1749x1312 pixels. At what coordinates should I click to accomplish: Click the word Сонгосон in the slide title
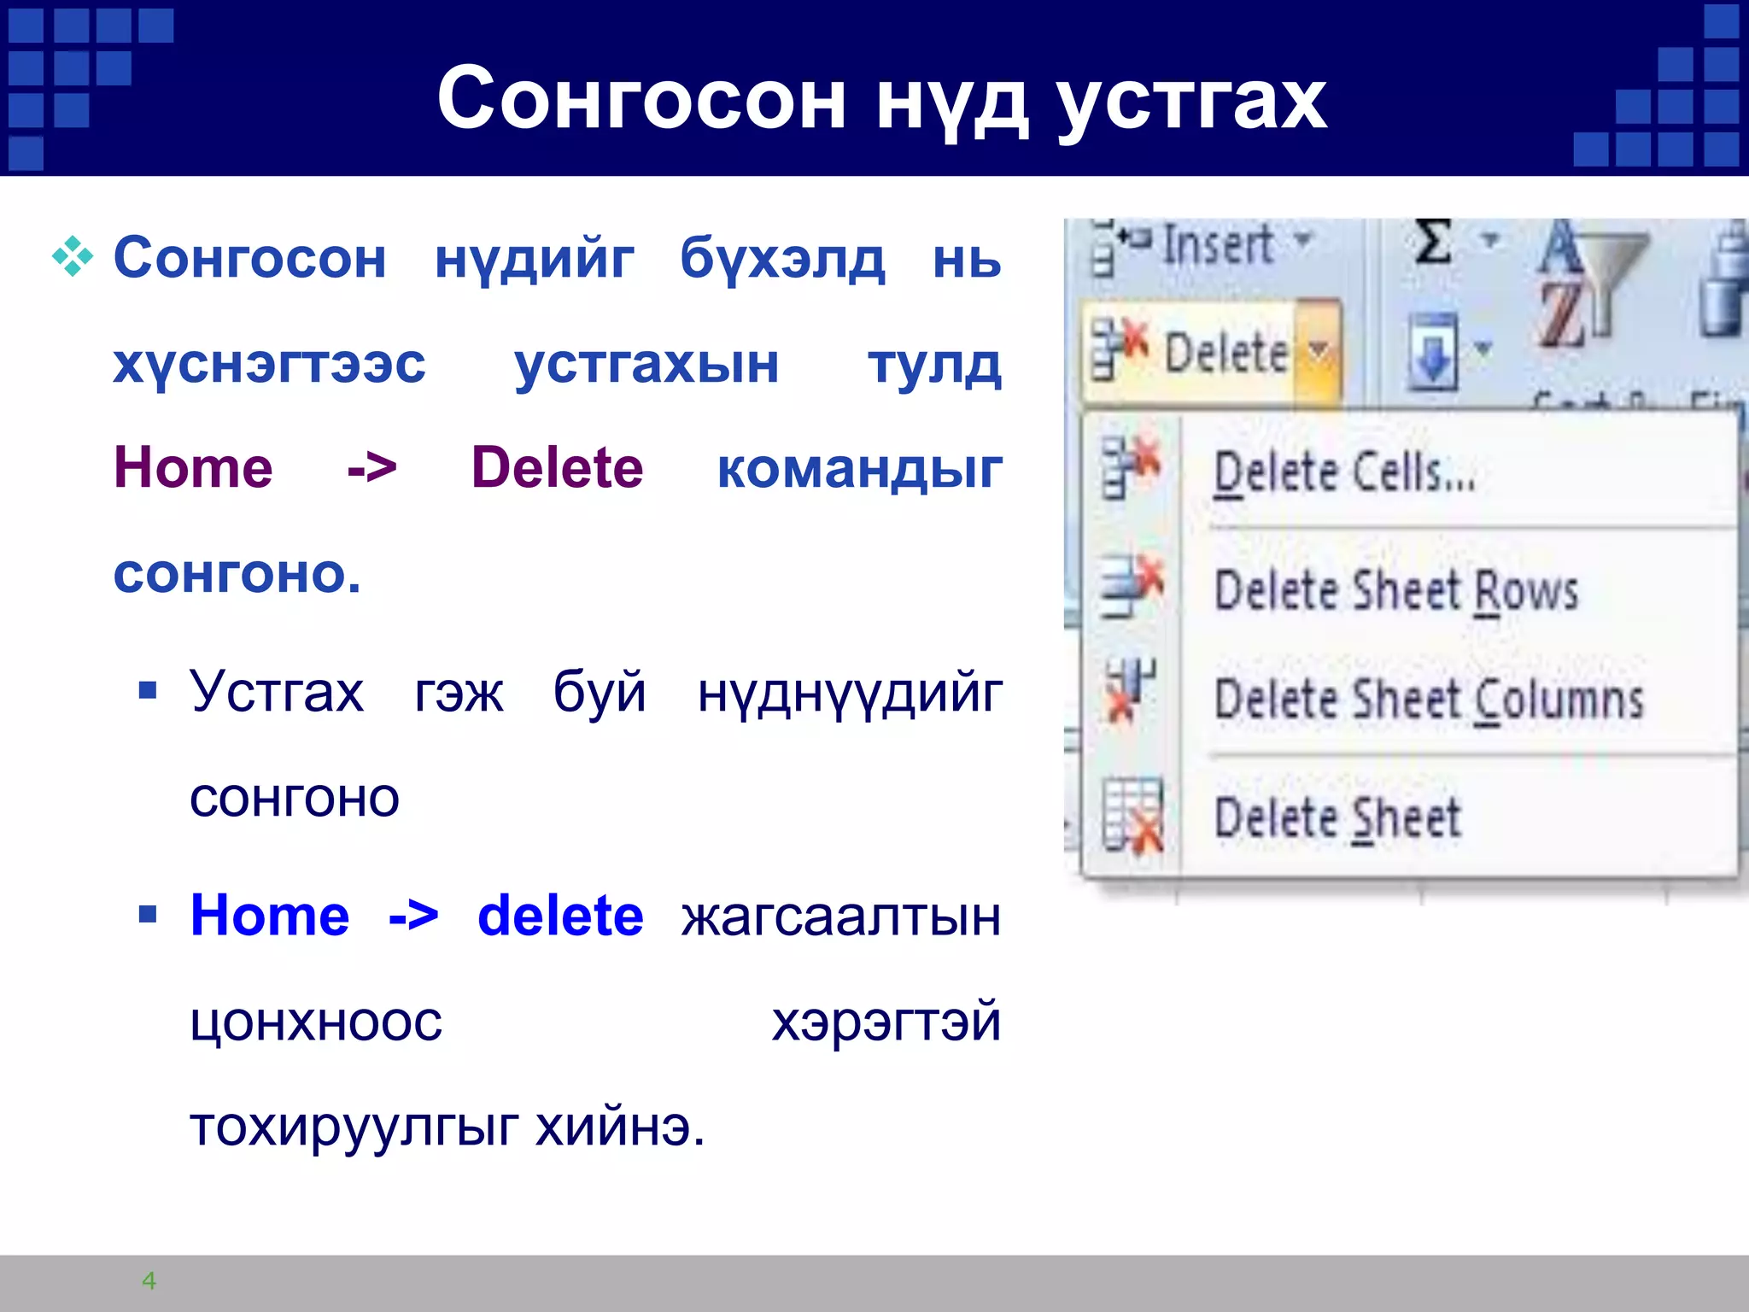coord(641,100)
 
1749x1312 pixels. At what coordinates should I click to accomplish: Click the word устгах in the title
coord(1190,100)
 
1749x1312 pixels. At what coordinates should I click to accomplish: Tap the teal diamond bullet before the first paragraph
coord(73,256)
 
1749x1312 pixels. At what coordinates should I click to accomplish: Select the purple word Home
coord(193,468)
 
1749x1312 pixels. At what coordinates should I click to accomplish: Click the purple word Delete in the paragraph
coord(557,468)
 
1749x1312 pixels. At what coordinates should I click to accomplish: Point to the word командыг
coord(859,470)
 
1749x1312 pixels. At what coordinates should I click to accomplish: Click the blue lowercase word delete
coord(559,916)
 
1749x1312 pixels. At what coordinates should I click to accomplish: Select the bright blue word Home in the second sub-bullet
coord(270,916)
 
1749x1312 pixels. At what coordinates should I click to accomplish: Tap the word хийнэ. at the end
coord(620,1127)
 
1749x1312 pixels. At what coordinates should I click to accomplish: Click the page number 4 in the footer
coord(149,1280)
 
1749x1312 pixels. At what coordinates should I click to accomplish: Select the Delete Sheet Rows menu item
coord(1395,590)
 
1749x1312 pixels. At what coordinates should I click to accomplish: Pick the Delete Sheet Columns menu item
coord(1428,700)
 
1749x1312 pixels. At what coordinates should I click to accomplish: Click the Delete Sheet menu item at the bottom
coord(1337,817)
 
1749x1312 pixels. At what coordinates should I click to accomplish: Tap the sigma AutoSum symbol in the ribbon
coord(1434,243)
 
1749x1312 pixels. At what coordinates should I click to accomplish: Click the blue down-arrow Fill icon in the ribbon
coord(1433,350)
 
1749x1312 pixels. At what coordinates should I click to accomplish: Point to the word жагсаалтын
coord(840,917)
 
